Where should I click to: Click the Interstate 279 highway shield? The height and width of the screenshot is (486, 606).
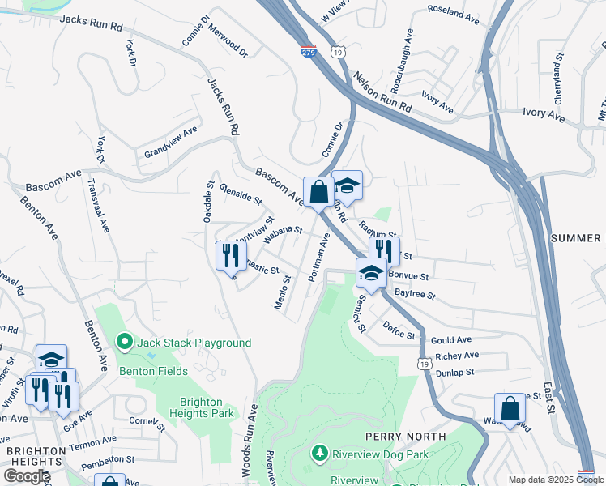(307, 50)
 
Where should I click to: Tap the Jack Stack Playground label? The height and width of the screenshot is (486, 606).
(194, 343)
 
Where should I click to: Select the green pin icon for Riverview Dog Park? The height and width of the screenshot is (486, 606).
(321, 454)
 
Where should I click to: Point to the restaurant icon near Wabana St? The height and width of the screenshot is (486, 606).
(231, 255)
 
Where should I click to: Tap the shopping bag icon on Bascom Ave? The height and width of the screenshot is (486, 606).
(318, 192)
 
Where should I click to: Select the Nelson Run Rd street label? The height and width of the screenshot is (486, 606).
(383, 93)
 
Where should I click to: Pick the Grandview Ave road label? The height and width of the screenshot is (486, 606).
(171, 140)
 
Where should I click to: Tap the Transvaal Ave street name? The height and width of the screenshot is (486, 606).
(98, 206)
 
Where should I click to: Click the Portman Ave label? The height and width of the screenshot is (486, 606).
(318, 258)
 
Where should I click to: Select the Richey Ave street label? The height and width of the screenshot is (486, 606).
(456, 356)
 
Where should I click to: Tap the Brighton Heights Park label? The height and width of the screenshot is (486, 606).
(207, 407)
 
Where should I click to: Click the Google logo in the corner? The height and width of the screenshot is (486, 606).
(27, 475)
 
